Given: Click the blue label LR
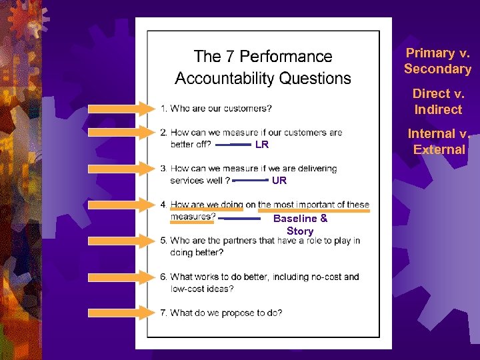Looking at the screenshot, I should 262,145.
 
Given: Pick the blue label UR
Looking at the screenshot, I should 279,181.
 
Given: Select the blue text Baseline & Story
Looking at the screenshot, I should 300,225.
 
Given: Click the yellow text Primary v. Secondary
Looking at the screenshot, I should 437,61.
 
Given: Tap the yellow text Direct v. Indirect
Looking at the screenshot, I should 437,101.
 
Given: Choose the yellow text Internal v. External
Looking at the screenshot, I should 439,141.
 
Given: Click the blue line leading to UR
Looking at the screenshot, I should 250,180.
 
